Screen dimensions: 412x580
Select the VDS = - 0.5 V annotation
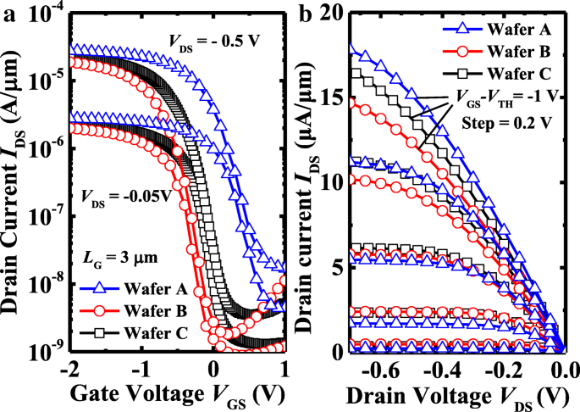pos(211,41)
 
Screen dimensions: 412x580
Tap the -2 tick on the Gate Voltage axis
pos(69,370)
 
